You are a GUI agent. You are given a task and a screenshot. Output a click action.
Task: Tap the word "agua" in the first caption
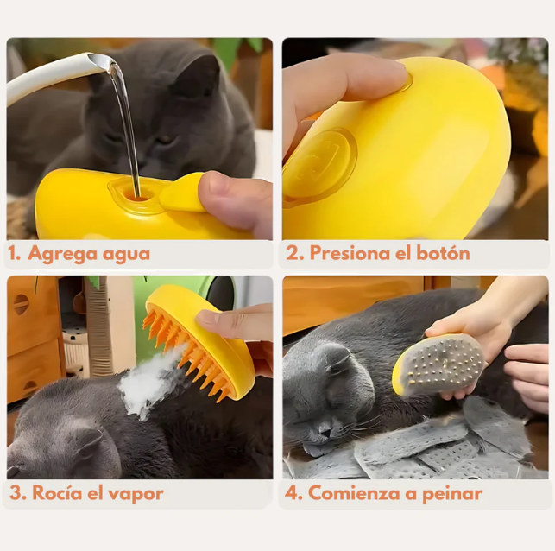126,254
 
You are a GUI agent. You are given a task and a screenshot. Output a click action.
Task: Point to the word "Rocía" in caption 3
55,493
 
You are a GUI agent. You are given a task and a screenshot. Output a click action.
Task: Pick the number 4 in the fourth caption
293,493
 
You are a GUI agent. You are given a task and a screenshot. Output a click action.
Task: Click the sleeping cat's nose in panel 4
325,425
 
